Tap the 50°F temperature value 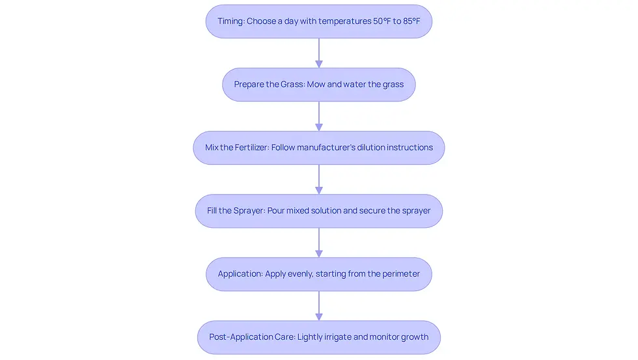pos(381,21)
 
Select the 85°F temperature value pos(411,21)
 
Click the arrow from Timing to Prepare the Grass pos(319,53)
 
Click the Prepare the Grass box pos(319,85)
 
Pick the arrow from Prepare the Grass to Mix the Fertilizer pos(319,116)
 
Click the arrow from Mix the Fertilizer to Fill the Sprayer pos(319,179)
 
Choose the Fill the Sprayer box pos(319,211)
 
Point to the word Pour pos(276,211)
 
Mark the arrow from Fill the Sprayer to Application pos(319,242)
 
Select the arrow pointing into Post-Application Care pos(319,305)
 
